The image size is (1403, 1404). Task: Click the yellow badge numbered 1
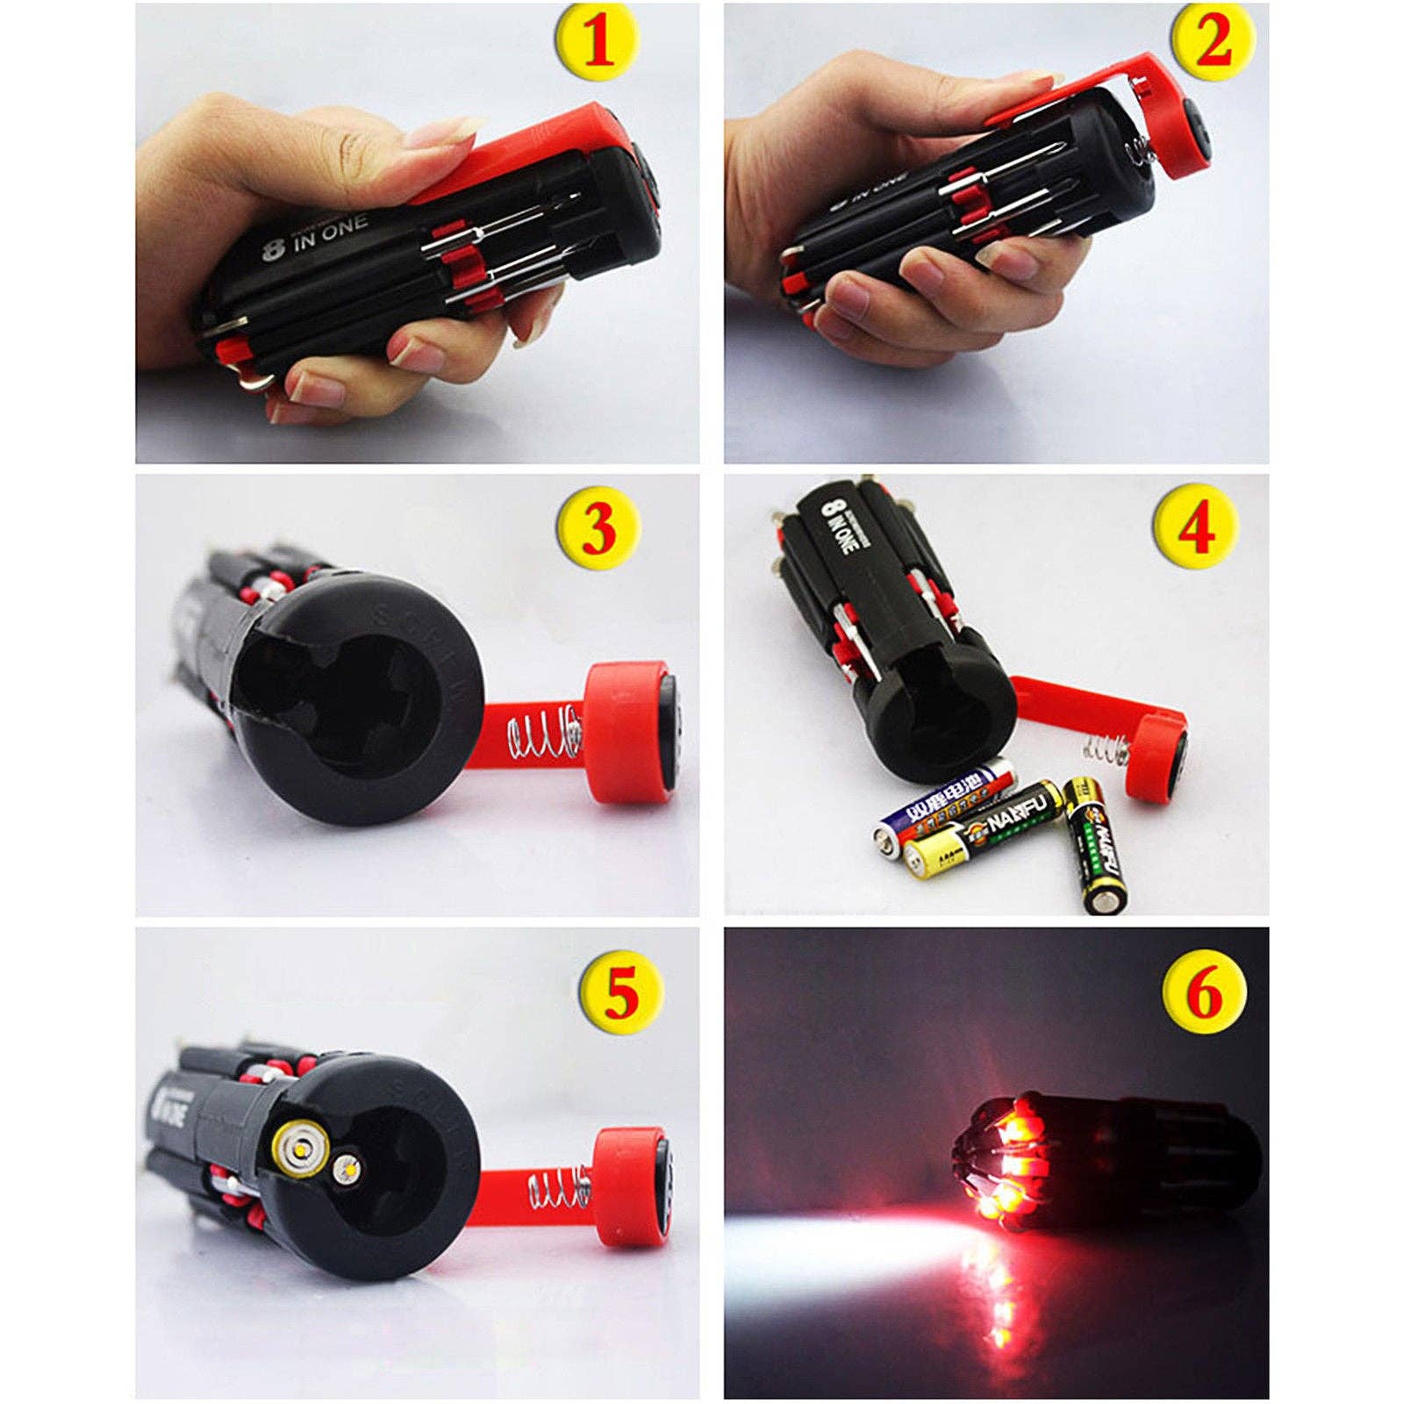598,45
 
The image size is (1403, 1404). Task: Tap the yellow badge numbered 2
1213,41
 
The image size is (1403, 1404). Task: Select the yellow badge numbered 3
597,528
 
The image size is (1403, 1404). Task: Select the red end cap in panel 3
625,732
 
